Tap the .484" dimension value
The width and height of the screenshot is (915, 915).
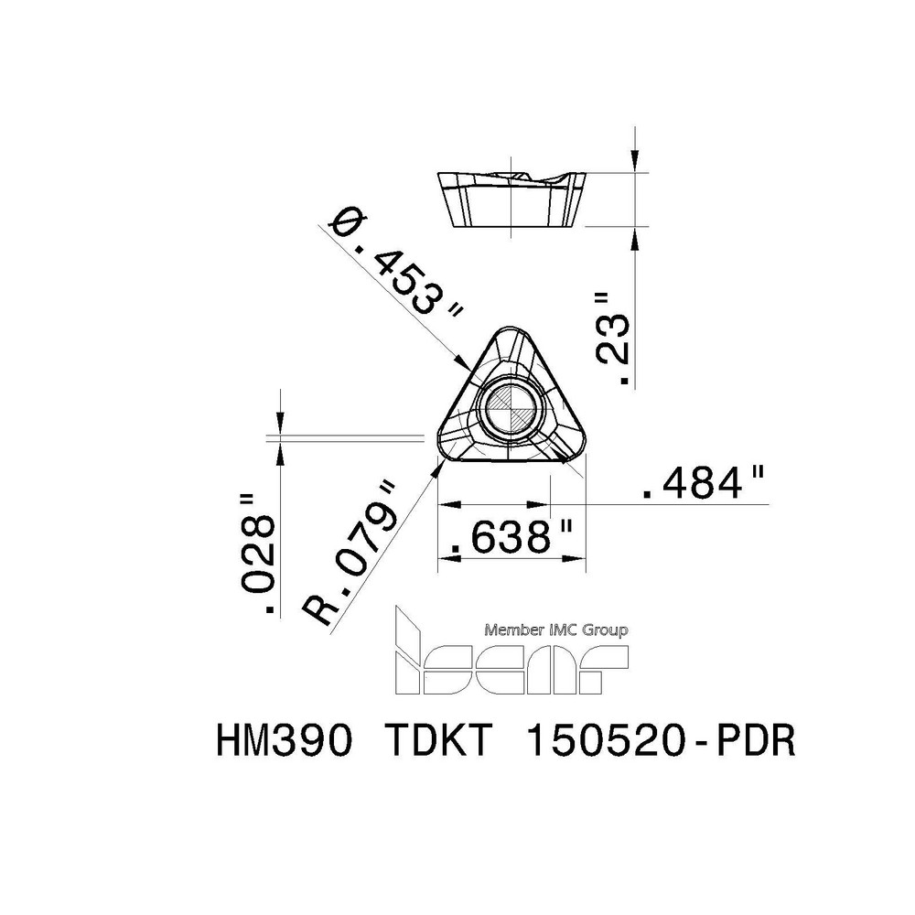704,485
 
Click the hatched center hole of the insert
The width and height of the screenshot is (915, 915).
511,409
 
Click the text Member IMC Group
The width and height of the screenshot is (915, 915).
555,630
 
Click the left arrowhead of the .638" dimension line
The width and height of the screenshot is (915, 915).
446,504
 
